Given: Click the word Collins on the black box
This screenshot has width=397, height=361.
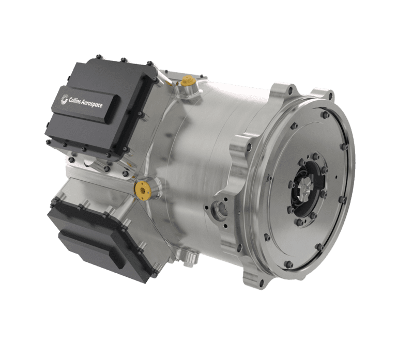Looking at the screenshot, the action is tap(75, 100).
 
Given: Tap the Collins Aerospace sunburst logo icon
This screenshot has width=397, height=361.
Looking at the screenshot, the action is tap(64, 99).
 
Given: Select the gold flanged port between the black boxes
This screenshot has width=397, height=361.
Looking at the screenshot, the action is tap(143, 190).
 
